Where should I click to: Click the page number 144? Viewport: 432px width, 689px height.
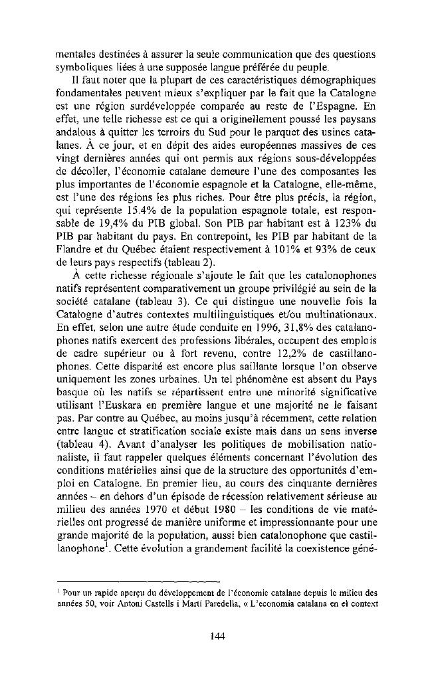[216, 636]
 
